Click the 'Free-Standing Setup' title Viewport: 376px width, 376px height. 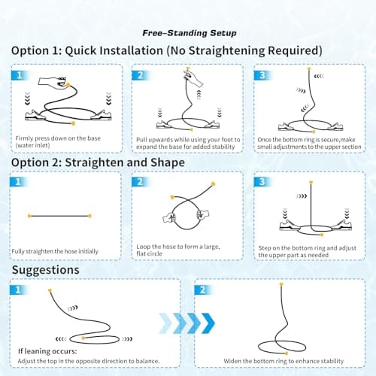point(190,33)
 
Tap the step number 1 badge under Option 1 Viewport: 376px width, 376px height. point(19,75)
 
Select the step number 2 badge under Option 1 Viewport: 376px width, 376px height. point(140,75)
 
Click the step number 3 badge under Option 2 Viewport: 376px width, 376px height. point(262,182)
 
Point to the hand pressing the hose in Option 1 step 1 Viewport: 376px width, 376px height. point(53,82)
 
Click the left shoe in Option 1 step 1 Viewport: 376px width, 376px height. point(35,116)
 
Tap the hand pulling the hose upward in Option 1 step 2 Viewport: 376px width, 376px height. point(193,78)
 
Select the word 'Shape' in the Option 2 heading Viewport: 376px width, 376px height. point(168,163)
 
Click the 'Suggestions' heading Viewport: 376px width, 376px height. point(46,270)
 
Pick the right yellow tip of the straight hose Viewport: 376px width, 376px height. point(89,216)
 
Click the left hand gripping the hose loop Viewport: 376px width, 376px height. point(169,217)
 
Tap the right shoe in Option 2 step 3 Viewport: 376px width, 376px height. point(341,225)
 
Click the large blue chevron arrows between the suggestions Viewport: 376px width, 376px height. point(186,323)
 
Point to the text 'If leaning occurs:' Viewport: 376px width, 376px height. point(47,351)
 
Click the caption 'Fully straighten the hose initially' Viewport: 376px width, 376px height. point(55,251)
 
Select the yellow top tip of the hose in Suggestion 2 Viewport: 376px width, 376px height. point(281,284)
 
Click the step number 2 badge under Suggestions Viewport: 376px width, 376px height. point(202,290)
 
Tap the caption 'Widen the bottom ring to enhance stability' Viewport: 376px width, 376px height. point(284,361)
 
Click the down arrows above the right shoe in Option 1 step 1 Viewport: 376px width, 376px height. point(108,99)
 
